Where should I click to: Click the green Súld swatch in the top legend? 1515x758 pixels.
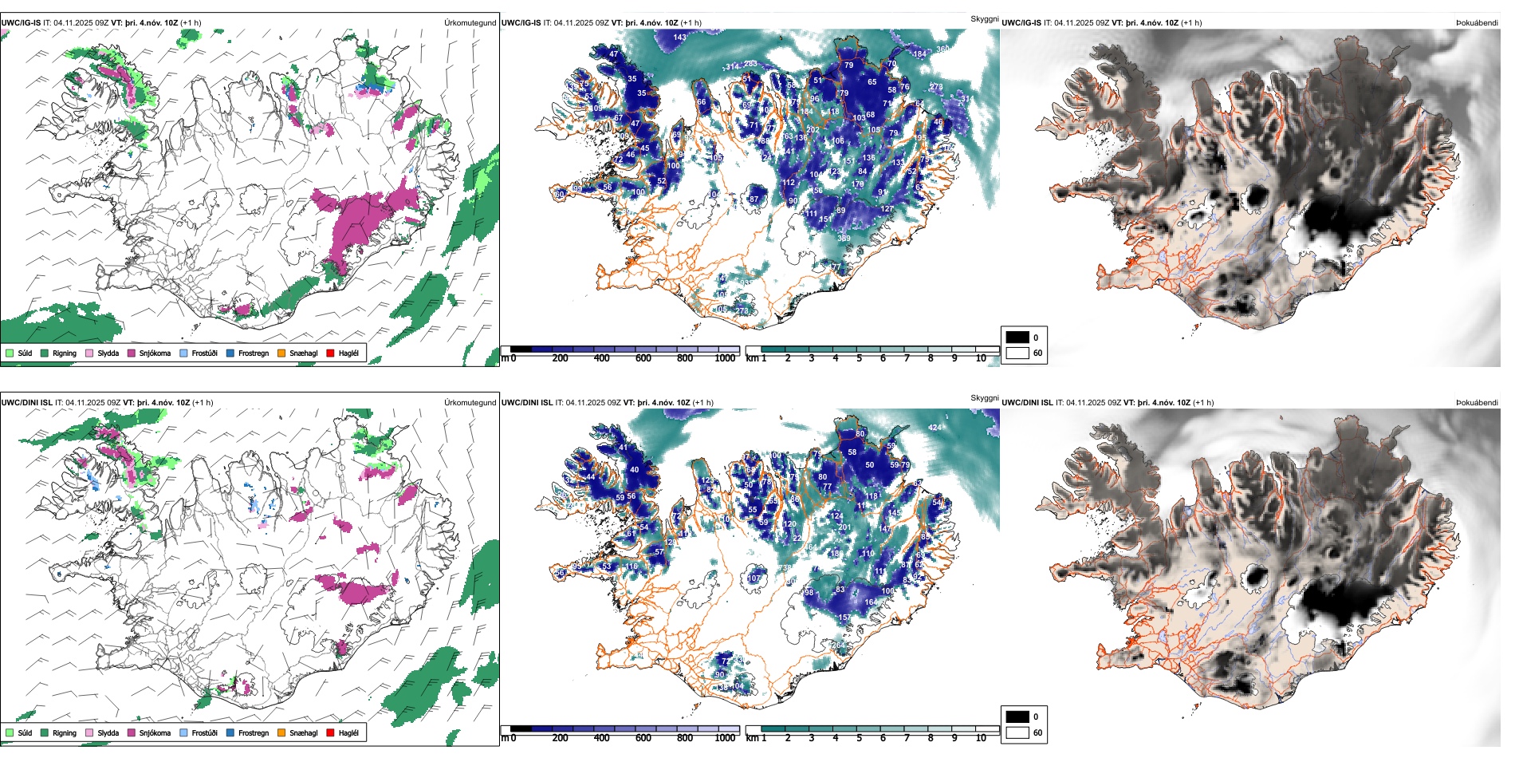pos(10,353)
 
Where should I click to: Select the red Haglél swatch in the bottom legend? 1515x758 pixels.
pos(330,732)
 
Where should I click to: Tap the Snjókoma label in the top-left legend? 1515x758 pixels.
pos(155,353)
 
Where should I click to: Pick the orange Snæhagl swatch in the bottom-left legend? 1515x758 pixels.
pos(281,732)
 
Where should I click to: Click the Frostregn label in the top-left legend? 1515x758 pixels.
pos(253,353)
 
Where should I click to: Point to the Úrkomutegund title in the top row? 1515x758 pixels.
pos(470,22)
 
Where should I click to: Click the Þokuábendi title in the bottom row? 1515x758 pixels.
pos(1477,402)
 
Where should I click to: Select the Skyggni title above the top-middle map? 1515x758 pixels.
pos(984,18)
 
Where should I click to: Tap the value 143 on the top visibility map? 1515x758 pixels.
pos(679,37)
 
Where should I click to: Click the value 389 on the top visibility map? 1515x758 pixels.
pos(844,238)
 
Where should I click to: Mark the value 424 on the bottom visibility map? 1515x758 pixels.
pos(935,427)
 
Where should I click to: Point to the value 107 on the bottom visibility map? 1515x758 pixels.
pos(754,578)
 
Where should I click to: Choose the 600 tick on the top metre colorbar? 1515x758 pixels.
pos(643,358)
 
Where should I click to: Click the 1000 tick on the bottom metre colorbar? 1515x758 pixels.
pos(725,738)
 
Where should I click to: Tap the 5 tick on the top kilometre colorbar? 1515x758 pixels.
pos(859,358)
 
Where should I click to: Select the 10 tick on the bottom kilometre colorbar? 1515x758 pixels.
pos(981,738)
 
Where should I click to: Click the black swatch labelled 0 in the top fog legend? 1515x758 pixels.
pos(1017,337)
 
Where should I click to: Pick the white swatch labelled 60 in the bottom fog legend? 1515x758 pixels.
pos(1017,732)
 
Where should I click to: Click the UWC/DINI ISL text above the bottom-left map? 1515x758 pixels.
pos(26,402)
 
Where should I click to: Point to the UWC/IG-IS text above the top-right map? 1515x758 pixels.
pos(1021,22)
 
